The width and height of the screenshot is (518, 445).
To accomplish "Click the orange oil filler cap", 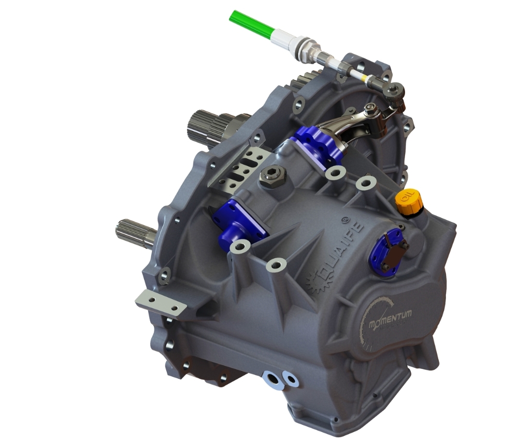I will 407,202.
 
